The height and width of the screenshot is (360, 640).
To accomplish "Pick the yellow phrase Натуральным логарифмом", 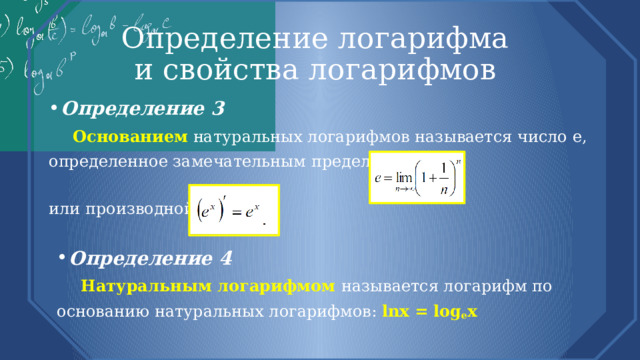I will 208,286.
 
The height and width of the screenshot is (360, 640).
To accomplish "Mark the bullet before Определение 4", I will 62,258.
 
